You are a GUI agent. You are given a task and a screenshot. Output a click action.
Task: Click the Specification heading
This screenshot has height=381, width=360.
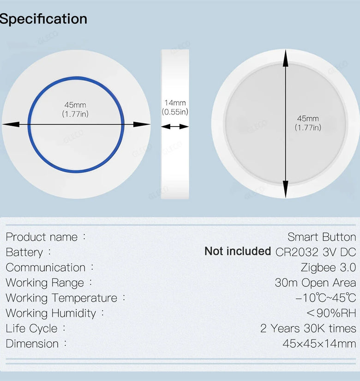pyautogui.click(x=43, y=19)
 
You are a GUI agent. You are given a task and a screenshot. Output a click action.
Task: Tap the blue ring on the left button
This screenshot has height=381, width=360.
pyautogui.click(x=76, y=78)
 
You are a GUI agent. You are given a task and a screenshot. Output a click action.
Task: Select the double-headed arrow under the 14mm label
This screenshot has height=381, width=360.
pyautogui.click(x=175, y=127)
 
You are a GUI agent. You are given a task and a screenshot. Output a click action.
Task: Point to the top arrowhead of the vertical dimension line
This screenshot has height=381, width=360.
pyautogui.click(x=286, y=58)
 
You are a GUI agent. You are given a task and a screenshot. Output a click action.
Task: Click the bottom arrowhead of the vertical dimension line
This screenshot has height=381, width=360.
pyautogui.click(x=286, y=189)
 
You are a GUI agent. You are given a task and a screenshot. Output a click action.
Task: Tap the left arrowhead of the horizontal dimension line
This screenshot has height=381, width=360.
pyautogui.click(x=11, y=124)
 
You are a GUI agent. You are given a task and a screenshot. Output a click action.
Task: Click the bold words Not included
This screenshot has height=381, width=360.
pyautogui.click(x=238, y=251)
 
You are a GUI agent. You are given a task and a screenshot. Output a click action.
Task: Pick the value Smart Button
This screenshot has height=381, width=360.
pyautogui.click(x=322, y=237)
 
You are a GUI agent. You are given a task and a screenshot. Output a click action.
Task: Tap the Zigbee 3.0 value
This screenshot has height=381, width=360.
pyautogui.click(x=329, y=267)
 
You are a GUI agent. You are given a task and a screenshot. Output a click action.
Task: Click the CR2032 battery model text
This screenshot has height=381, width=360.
pyautogui.click(x=297, y=252)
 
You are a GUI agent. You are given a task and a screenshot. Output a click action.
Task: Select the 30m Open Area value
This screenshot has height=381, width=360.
pyautogui.click(x=316, y=283)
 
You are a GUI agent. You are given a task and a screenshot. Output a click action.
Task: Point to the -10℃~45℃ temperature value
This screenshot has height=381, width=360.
pyautogui.click(x=326, y=298)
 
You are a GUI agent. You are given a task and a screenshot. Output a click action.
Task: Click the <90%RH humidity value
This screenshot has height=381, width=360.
pyautogui.click(x=331, y=313)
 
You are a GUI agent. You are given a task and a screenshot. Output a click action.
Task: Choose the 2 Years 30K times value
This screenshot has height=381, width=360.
pyautogui.click(x=308, y=328)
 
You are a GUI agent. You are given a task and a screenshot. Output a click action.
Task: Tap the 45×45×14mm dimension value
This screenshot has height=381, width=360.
pyautogui.click(x=319, y=344)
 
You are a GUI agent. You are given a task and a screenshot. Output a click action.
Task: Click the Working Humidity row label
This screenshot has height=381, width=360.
pyautogui.click(x=51, y=314)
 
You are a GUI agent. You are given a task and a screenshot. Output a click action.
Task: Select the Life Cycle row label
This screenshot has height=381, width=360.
pyautogui.click(x=31, y=329)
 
